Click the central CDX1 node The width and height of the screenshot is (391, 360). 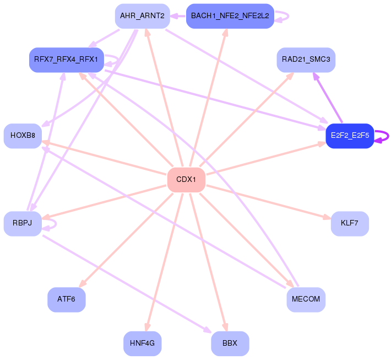[x=186, y=180]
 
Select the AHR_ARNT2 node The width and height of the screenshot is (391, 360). [x=143, y=16]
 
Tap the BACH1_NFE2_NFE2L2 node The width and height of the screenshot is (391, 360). [x=230, y=16]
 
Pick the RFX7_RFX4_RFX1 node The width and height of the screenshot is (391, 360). [x=66, y=60]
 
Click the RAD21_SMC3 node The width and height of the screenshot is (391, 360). [x=306, y=60]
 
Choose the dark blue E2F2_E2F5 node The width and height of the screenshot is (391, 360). [x=350, y=136]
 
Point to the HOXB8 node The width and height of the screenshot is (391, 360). [x=23, y=136]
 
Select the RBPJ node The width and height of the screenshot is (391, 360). [x=23, y=224]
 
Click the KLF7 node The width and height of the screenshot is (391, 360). [x=350, y=224]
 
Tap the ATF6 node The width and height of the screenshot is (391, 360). [x=66, y=299]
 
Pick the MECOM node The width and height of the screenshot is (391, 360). [x=306, y=299]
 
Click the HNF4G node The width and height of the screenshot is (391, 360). [x=143, y=343]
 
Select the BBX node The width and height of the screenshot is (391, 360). [x=230, y=343]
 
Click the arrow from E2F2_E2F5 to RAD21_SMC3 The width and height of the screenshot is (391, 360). [x=328, y=98]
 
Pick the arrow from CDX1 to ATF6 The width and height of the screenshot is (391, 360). [x=126, y=240]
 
